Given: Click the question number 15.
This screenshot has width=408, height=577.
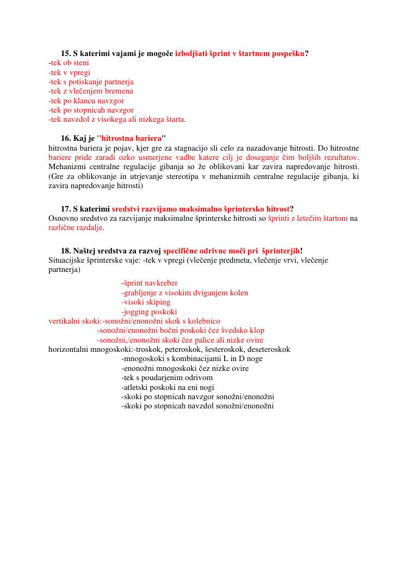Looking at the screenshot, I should click(65, 53).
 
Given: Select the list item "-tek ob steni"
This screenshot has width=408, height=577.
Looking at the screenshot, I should click(69, 63).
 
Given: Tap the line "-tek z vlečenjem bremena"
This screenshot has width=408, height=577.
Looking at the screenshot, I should click(91, 91).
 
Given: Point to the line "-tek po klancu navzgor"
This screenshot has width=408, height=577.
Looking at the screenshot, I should click(86, 101).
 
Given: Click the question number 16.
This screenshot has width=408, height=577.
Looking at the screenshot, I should click(65, 139).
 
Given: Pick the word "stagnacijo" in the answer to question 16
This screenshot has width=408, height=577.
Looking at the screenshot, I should click(213, 148).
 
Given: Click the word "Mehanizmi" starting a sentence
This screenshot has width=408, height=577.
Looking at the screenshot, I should click(66, 166).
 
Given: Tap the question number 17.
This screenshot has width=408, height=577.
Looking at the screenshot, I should click(65, 209).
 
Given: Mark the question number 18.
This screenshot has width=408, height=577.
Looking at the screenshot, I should click(65, 251).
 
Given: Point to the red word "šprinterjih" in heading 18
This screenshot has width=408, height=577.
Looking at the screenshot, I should click(281, 251).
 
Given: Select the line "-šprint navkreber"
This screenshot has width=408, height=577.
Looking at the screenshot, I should click(150, 283).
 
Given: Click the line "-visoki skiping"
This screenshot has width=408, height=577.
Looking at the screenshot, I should click(146, 302).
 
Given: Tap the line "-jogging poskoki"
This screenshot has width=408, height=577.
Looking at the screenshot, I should click(149, 312).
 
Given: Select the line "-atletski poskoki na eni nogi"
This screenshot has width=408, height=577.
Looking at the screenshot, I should click(168, 387).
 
